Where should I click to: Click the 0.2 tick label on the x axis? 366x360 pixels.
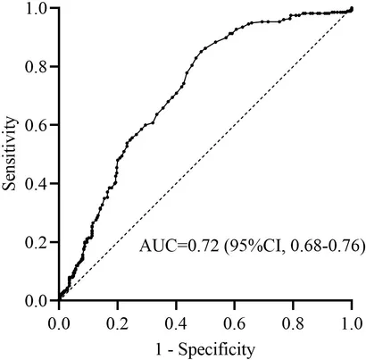tap(118, 324)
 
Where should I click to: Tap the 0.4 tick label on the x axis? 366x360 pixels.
tap(176, 324)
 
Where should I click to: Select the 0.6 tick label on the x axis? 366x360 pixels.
tap(235, 324)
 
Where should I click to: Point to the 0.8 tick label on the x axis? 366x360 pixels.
tap(293, 324)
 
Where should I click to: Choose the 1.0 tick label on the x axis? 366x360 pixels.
tap(352, 324)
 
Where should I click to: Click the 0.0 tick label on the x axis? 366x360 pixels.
tap(59, 324)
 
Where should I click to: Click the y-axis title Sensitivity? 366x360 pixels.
tap(10, 154)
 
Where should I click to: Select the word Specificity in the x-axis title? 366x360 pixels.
tap(217, 350)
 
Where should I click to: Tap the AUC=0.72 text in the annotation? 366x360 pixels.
tap(179, 247)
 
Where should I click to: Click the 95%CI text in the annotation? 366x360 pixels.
tap(254, 247)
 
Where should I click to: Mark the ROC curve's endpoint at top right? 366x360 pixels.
tap(352, 8)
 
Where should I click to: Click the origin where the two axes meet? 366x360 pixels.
tap(59, 300)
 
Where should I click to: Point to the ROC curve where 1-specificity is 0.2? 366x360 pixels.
tap(118, 161)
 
